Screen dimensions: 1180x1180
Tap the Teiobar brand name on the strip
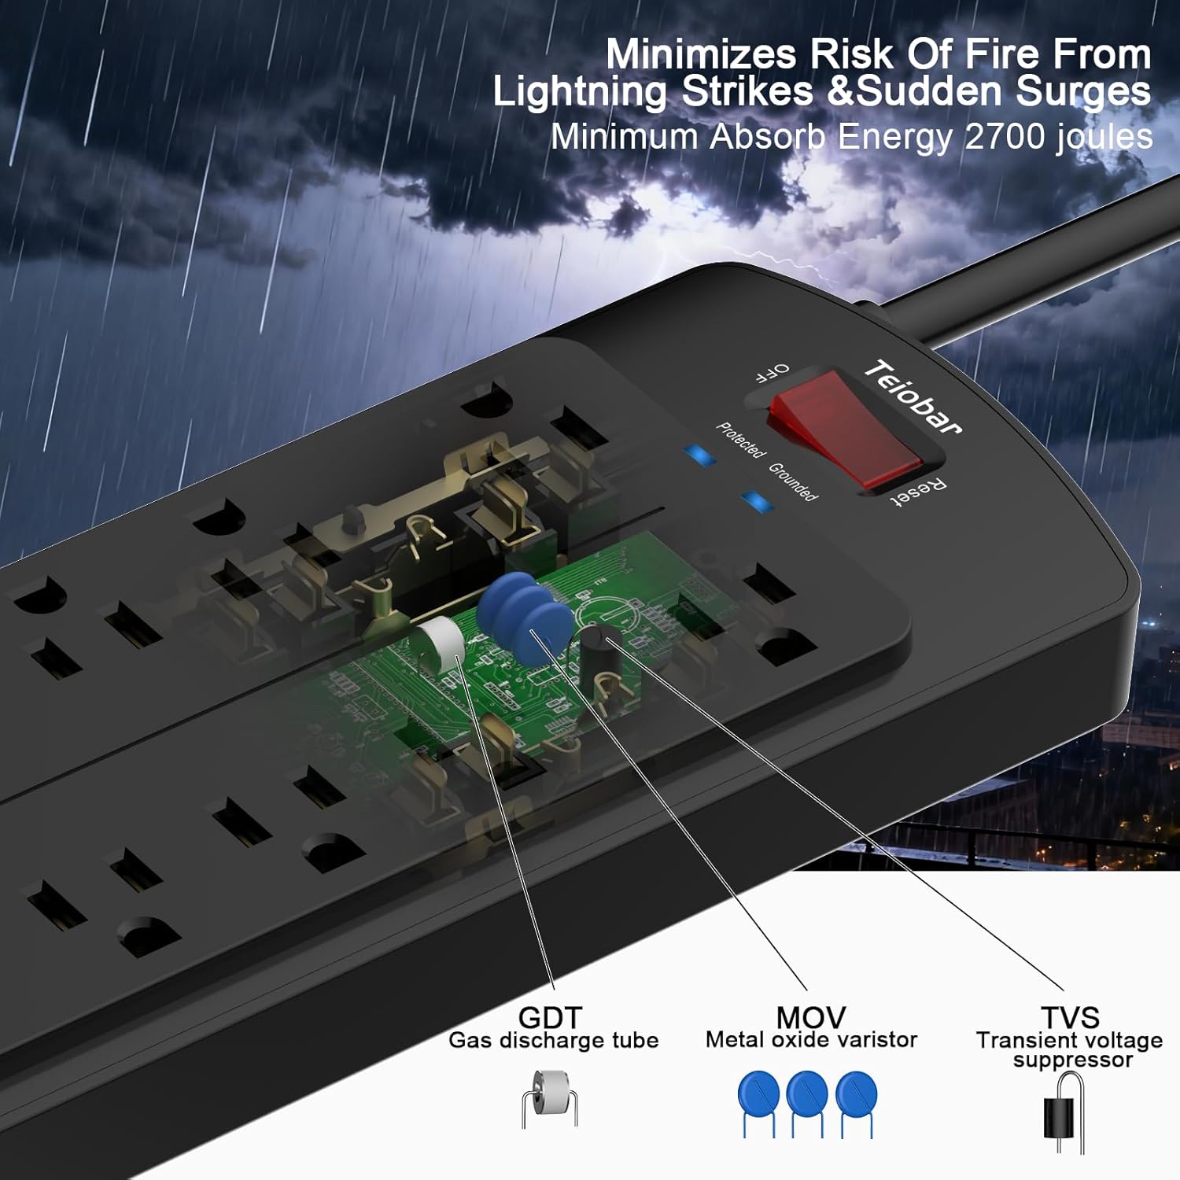click(913, 397)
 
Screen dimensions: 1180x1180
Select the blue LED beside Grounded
click(757, 501)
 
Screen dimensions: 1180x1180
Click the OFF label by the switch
click(772, 372)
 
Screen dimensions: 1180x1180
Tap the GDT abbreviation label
click(550, 1017)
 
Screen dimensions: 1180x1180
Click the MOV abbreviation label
click(810, 1017)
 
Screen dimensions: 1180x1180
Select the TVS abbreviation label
click(1069, 1017)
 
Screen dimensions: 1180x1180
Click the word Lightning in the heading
click(579, 91)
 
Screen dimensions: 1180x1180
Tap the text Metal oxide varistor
click(811, 1040)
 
